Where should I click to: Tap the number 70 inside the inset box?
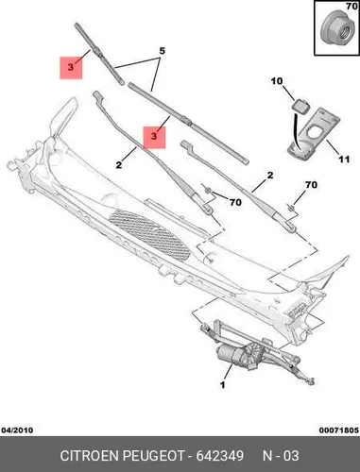pyautogui.click(x=351, y=7)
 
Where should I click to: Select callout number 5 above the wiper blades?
pyautogui.click(x=162, y=51)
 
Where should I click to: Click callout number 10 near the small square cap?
pyautogui.click(x=277, y=81)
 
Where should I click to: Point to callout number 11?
pyautogui.click(x=344, y=160)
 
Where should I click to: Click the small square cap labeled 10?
pyautogui.click(x=301, y=105)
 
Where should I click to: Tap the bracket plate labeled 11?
pyautogui.click(x=315, y=134)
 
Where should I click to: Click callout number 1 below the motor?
pyautogui.click(x=222, y=384)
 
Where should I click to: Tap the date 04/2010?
pyautogui.click(x=17, y=430)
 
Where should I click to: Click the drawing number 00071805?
pyautogui.click(x=339, y=430)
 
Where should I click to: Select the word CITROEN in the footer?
pyautogui.click(x=90, y=456)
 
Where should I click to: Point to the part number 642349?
pyautogui.click(x=220, y=456)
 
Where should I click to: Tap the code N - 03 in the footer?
pyautogui.click(x=281, y=456)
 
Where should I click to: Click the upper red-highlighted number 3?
pyautogui.click(x=71, y=67)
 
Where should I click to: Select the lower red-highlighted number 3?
pyautogui.click(x=154, y=137)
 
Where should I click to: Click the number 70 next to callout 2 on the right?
pyautogui.click(x=311, y=185)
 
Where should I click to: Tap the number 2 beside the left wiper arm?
pyautogui.click(x=119, y=164)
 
